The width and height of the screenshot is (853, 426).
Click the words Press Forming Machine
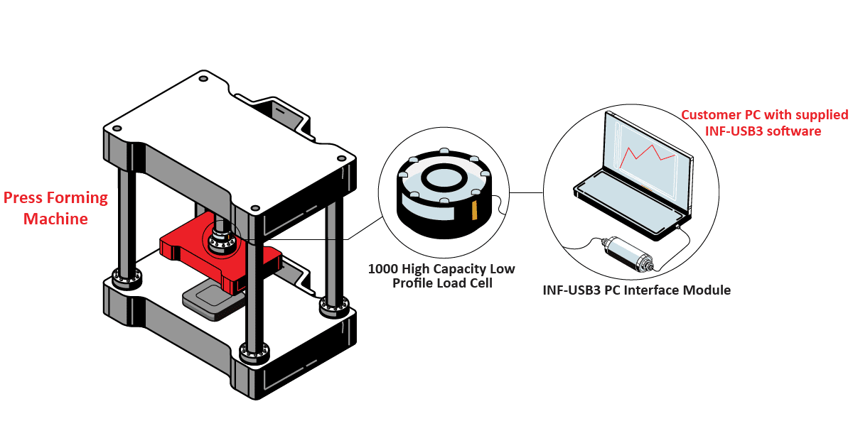(x=55, y=208)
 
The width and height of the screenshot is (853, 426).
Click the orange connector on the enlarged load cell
(x=475, y=210)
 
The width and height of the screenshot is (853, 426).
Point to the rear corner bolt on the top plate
(x=203, y=77)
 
